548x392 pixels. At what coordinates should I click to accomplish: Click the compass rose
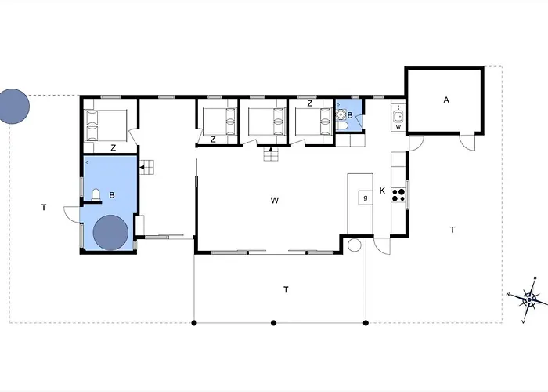[530, 299]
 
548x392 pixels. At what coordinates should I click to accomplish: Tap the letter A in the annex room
[446, 100]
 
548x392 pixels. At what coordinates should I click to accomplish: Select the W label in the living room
[274, 201]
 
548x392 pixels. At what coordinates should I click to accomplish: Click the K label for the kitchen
[382, 191]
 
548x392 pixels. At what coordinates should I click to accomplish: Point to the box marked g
[366, 198]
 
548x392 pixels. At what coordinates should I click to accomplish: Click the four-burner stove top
[398, 195]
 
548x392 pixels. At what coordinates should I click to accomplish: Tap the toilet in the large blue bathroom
[96, 195]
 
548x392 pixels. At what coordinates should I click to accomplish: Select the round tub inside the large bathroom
[110, 233]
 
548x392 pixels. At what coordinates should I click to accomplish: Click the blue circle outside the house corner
[13, 107]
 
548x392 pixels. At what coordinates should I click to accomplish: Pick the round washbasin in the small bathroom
[341, 114]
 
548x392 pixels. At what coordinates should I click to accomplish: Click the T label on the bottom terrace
[286, 290]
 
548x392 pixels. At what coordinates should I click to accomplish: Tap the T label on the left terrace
[44, 208]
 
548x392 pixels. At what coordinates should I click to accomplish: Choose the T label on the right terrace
[452, 230]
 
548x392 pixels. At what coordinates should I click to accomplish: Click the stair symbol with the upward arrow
[271, 154]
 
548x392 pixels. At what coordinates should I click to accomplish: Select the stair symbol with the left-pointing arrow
[147, 167]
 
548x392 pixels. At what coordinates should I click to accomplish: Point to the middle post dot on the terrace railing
[274, 323]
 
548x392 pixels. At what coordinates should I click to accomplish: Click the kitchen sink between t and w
[398, 116]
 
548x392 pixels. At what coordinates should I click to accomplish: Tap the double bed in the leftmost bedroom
[106, 125]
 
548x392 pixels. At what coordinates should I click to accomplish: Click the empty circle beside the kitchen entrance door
[354, 245]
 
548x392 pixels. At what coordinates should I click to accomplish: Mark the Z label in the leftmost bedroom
[113, 148]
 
